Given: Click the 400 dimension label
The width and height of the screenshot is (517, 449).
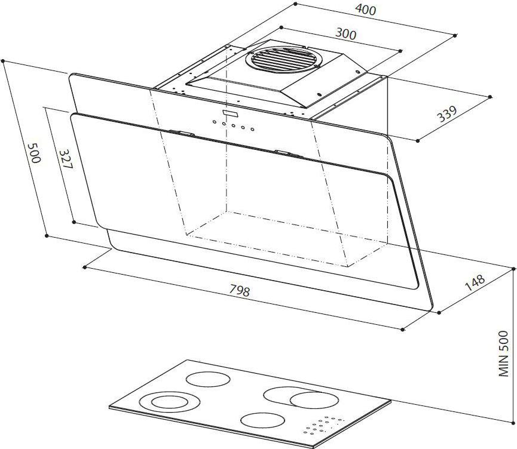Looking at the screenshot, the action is (x=365, y=10).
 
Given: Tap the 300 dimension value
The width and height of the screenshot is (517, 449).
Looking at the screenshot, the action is (x=346, y=33).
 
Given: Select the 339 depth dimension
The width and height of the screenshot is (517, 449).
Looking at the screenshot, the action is (x=447, y=113).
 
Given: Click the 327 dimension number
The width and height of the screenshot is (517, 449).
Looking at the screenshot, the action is (x=66, y=159).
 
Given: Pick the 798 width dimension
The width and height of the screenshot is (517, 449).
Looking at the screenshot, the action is (x=240, y=290).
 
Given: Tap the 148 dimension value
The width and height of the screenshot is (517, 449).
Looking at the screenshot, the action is (x=475, y=282).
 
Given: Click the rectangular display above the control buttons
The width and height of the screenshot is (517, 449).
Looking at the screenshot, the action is (x=232, y=113).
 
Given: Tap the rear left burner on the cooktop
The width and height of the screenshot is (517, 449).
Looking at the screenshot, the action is (x=208, y=379).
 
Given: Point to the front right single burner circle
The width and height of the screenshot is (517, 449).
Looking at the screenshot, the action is (x=262, y=421).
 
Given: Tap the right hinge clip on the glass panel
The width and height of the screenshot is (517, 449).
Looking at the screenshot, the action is (x=289, y=153).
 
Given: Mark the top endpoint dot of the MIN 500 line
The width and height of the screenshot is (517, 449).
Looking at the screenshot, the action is (x=513, y=269).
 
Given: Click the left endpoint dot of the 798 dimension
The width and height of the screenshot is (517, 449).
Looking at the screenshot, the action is (x=85, y=267).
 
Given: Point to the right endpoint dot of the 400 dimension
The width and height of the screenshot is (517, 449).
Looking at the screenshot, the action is (x=455, y=35).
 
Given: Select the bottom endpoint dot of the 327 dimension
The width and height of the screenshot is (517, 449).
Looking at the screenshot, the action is (x=74, y=222).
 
